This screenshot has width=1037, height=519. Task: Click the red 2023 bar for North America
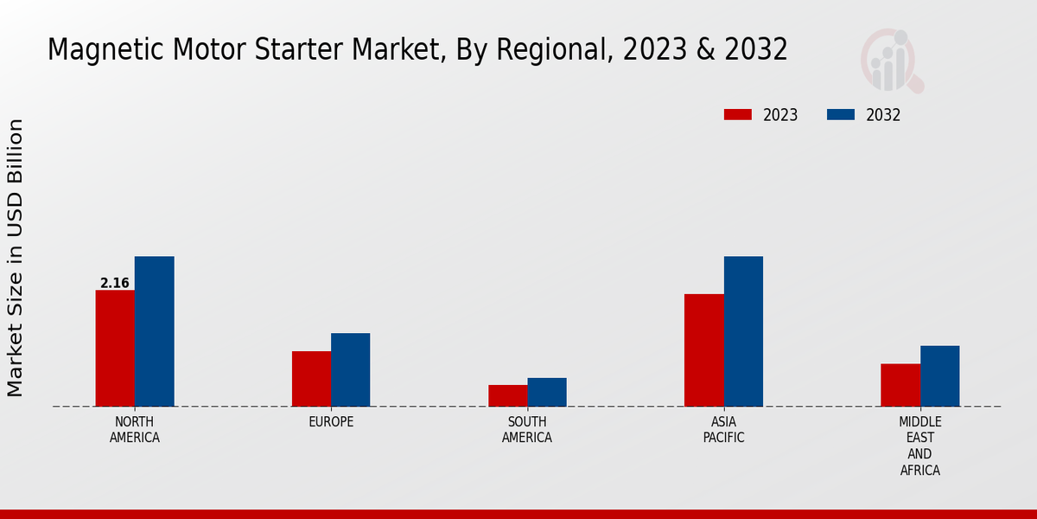tap(115, 348)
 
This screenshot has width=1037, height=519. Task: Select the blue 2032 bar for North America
tap(154, 331)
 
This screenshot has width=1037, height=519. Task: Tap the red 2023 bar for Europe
tap(311, 378)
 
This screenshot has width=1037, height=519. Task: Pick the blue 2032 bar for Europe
tap(350, 369)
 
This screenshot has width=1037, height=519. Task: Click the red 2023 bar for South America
tap(507, 395)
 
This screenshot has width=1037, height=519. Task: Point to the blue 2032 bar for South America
tap(547, 392)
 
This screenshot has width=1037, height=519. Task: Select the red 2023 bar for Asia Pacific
tap(703, 349)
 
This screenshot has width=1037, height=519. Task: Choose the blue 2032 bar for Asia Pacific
tap(743, 331)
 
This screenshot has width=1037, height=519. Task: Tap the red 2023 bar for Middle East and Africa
tap(900, 385)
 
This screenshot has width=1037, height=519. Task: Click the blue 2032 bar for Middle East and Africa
tap(939, 375)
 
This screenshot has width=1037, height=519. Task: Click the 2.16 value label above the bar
tap(115, 283)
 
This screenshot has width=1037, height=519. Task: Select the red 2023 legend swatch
tap(738, 115)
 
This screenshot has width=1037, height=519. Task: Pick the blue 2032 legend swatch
tap(841, 115)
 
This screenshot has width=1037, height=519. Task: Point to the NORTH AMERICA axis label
tap(135, 429)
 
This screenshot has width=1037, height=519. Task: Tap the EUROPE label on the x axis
tap(331, 422)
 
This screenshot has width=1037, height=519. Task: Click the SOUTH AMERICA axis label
tap(527, 429)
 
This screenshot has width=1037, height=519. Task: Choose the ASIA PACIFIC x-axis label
tap(723, 429)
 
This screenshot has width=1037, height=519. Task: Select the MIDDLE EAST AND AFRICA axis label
tap(919, 445)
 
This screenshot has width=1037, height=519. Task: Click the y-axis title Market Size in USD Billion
tap(16, 258)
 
